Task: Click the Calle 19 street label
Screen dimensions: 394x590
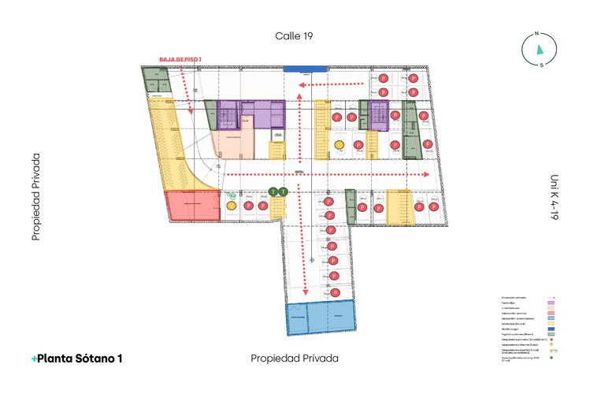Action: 295,35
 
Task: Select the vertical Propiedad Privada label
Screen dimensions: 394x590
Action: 35,196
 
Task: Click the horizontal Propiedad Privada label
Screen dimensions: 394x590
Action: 295,358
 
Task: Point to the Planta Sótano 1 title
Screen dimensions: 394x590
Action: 77,358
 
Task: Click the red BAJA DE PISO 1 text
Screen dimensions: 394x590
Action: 181,59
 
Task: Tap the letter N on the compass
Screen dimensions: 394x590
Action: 536,34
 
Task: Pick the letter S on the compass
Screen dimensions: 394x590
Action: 541,65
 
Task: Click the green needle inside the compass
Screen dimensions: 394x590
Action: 540,49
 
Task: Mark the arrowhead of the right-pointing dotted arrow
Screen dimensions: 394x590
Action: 426,174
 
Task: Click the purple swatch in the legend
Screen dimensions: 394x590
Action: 552,303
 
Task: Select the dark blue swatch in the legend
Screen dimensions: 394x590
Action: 552,329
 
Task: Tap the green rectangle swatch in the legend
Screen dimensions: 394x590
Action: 552,335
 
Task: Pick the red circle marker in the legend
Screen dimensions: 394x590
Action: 552,340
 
